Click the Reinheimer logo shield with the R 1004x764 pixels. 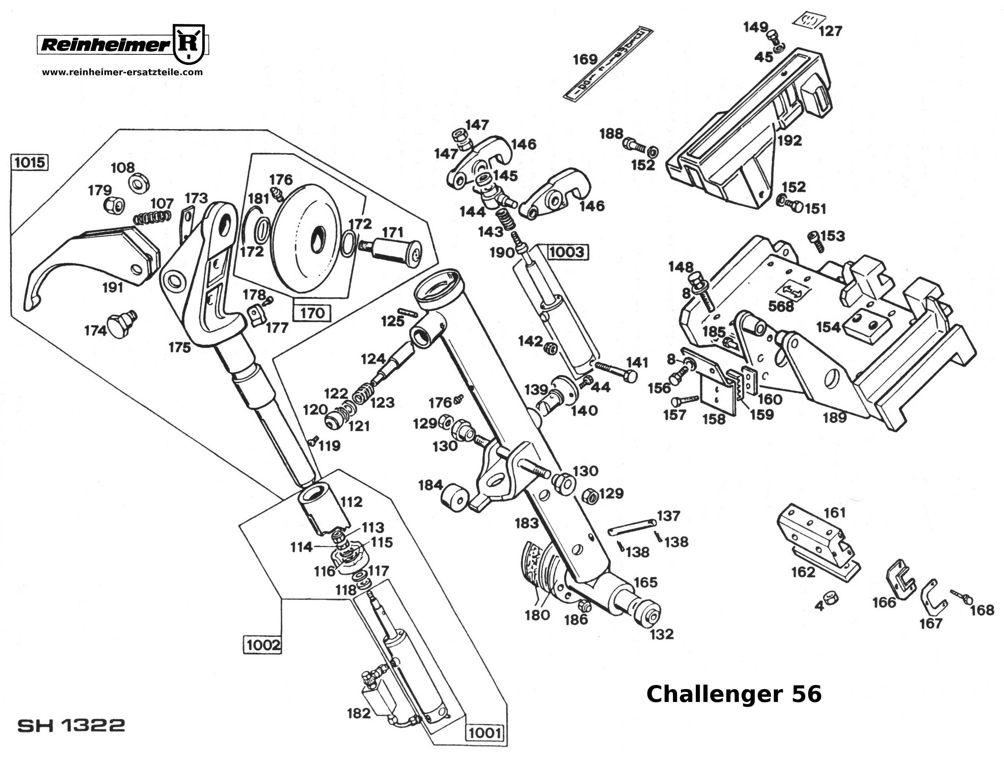click(x=189, y=44)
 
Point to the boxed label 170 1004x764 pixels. click(x=312, y=313)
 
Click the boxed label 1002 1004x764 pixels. click(x=263, y=645)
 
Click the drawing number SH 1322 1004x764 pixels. click(x=71, y=725)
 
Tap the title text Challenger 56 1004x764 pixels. click(x=734, y=694)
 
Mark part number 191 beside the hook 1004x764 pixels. click(x=113, y=287)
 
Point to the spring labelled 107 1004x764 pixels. click(x=152, y=217)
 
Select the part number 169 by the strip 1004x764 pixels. click(x=585, y=60)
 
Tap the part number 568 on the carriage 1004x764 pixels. click(x=781, y=306)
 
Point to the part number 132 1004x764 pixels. click(x=661, y=634)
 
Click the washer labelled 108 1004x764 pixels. click(x=136, y=183)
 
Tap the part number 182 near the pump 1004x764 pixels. click(x=359, y=713)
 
